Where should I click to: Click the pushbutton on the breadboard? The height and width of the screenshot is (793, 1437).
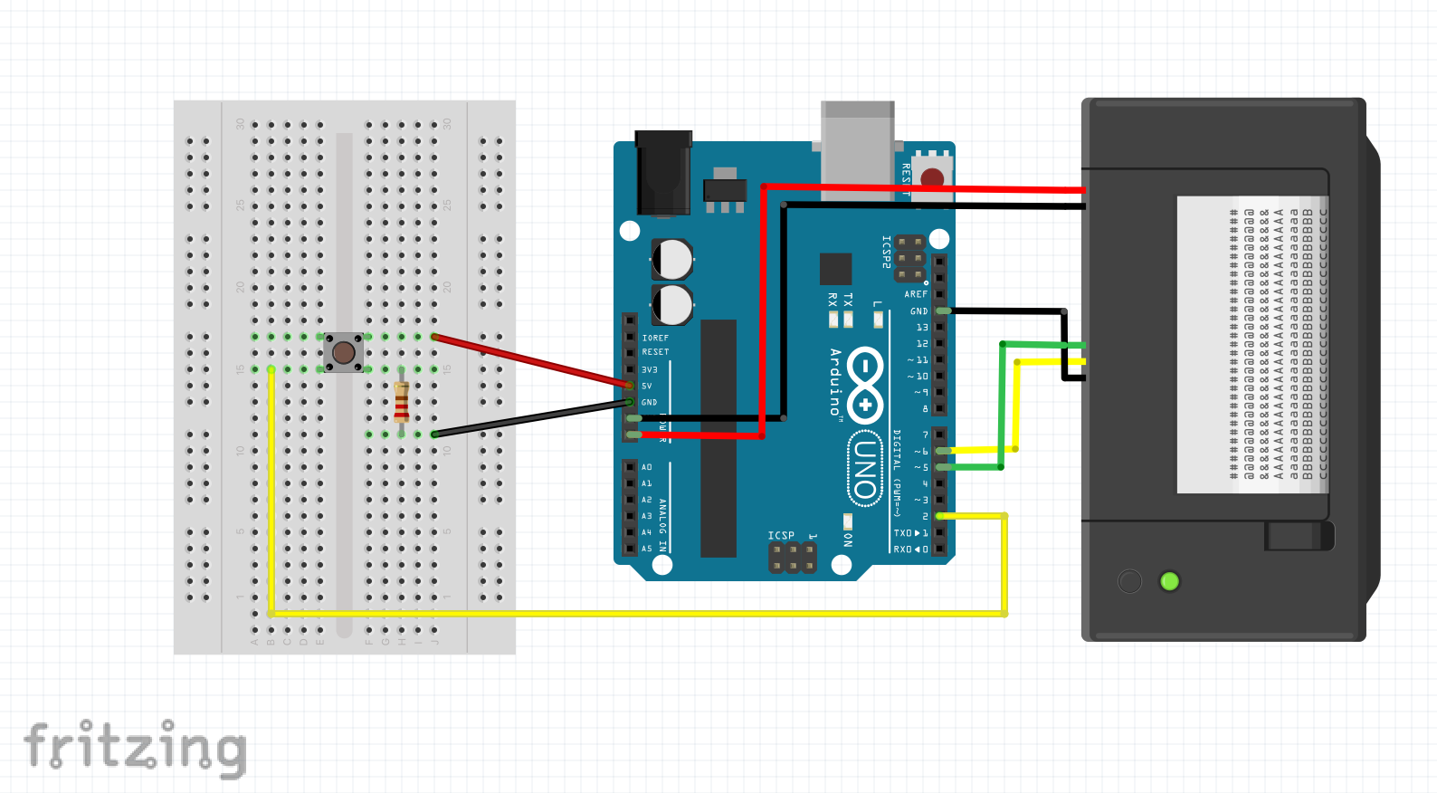[x=344, y=352]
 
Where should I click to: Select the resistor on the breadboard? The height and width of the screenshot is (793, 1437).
[x=402, y=402]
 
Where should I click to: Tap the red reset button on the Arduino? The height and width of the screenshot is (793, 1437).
[x=932, y=177]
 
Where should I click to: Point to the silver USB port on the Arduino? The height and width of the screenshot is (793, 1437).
[x=857, y=145]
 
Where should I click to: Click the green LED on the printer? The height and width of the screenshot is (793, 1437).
[x=1169, y=581]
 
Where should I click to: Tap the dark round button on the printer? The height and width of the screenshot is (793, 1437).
[x=1129, y=581]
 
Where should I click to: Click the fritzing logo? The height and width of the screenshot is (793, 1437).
[x=136, y=748]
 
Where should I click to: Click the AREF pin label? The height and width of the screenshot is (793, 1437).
[x=916, y=294]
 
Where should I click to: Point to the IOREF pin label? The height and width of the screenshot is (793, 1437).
[x=655, y=338]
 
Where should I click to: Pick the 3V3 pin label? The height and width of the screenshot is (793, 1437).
[x=650, y=369]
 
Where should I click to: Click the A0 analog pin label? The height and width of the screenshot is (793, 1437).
[x=647, y=467]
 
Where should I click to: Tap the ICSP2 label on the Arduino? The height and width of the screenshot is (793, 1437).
[x=887, y=253]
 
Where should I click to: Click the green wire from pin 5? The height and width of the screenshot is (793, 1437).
[x=1002, y=407]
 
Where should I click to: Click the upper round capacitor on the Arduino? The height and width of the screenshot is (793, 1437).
[x=672, y=260]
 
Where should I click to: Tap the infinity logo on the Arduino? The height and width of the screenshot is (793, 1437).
[x=866, y=384]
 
